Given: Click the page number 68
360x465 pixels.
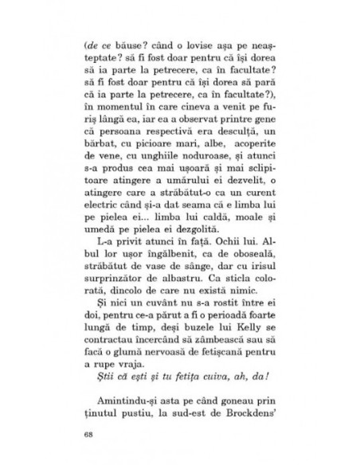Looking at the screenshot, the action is pyautogui.click(x=88, y=435).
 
